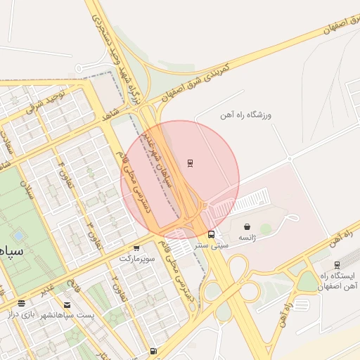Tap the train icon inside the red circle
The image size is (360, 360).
[191, 163]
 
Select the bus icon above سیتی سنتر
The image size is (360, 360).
[211, 235]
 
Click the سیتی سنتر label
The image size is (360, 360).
[212, 247]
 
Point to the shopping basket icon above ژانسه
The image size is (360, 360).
[247, 226]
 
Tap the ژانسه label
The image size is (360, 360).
[247, 238]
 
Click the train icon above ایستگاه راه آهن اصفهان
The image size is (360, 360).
[337, 265]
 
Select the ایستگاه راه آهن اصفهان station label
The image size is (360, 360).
[338, 281]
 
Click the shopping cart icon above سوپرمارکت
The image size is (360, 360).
[136, 247]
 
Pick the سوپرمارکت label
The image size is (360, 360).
[135, 259]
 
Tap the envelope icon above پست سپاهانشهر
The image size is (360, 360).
[67, 304]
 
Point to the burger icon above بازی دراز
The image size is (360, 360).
[22, 304]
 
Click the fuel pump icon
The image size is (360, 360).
[153, 352]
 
